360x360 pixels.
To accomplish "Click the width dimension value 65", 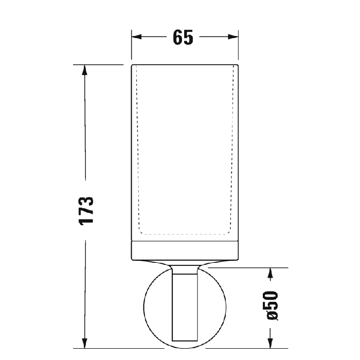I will (183, 38).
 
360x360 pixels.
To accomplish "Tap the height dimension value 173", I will (86, 210).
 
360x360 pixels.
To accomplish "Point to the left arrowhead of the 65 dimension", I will (137, 37).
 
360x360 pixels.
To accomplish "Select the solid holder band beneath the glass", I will (185, 250).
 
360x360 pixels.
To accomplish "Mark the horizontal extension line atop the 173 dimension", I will (98, 65).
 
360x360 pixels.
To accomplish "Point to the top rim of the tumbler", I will (185, 65).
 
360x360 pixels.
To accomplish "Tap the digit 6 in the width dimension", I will (177, 38).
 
